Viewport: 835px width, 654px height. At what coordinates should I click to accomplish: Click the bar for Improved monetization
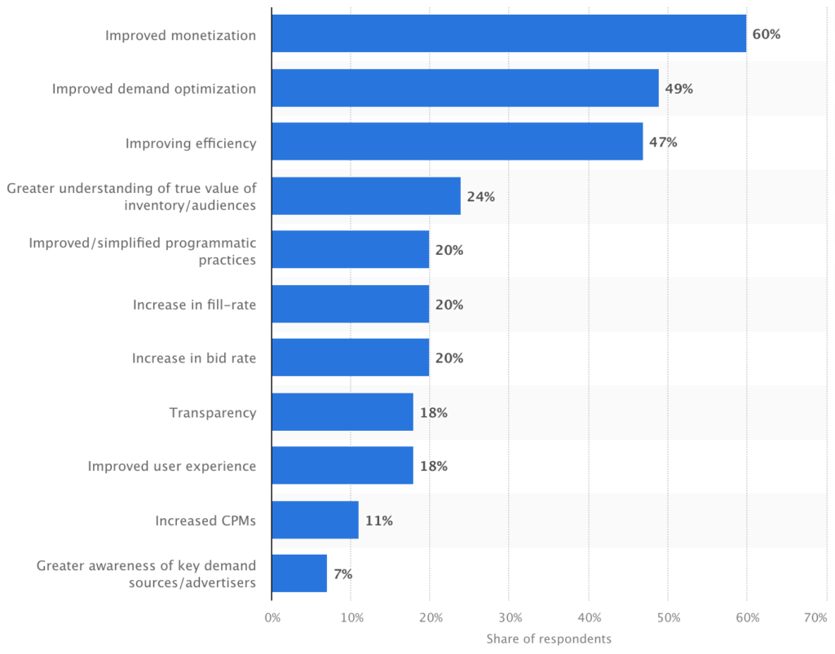pyautogui.click(x=509, y=34)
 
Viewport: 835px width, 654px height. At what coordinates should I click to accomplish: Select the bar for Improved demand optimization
pyautogui.click(x=465, y=89)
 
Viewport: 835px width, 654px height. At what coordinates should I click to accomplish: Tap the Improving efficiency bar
pyautogui.click(x=457, y=143)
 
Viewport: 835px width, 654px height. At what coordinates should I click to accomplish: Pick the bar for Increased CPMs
pyautogui.click(x=315, y=520)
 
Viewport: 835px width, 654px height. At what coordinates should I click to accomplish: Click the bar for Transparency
pyautogui.click(x=342, y=412)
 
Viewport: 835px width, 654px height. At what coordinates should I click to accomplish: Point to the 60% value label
pyautogui.click(x=767, y=35)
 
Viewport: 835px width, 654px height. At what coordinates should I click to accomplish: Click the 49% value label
pyautogui.click(x=678, y=89)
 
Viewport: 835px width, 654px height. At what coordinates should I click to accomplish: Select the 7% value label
pyautogui.click(x=342, y=574)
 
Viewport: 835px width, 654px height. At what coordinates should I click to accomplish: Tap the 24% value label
pyautogui.click(x=480, y=197)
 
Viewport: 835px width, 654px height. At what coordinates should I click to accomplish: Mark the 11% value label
pyautogui.click(x=378, y=520)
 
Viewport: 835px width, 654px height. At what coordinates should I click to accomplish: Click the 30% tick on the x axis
pyautogui.click(x=509, y=619)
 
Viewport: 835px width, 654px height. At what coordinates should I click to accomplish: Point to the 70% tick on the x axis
pyautogui.click(x=815, y=619)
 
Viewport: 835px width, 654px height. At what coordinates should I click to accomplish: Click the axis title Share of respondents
pyautogui.click(x=549, y=639)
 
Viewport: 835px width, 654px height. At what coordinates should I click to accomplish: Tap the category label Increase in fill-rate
pyautogui.click(x=194, y=305)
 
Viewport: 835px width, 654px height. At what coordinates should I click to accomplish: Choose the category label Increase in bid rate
pyautogui.click(x=193, y=358)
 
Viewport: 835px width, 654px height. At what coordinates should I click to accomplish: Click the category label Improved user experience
pyautogui.click(x=171, y=467)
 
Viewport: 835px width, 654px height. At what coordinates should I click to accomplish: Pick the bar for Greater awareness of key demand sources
pyautogui.click(x=299, y=573)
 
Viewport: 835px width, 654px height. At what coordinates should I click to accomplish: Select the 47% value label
pyautogui.click(x=663, y=143)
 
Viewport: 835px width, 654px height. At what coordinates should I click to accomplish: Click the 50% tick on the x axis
pyautogui.click(x=667, y=619)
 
